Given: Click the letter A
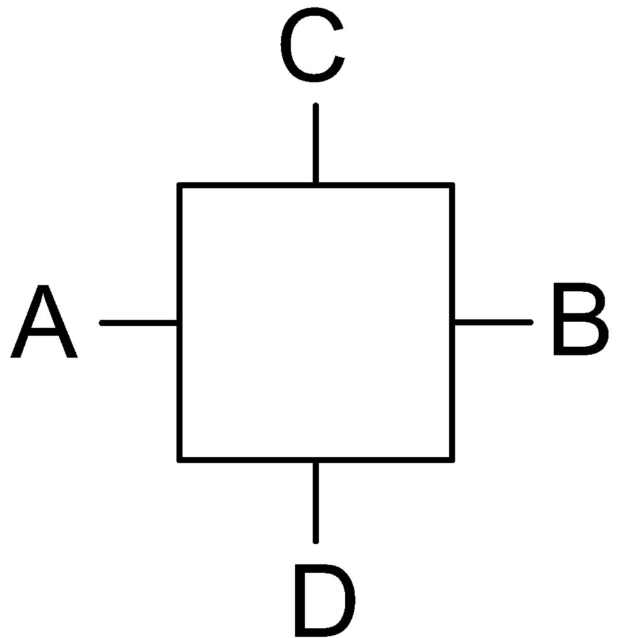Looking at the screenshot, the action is pos(43,321).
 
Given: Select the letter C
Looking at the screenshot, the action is pos(312,45).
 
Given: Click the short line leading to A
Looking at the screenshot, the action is pos(138,323).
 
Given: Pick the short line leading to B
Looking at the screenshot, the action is pos(493,322).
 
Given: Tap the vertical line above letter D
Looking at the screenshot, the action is pos(316,502).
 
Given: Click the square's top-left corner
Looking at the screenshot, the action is pos(179,185).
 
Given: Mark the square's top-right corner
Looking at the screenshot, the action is pos(452,185).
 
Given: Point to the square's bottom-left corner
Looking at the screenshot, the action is pos(179,460).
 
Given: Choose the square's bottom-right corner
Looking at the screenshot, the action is pos(452,460).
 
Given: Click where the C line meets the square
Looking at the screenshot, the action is pos(316,185).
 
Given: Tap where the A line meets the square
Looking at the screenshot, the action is pos(179,323).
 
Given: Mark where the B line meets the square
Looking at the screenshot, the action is pos(452,322).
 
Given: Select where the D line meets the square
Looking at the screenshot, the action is pos(316,460).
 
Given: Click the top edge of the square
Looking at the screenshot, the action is pos(316,185).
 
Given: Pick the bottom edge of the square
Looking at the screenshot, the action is pos(316,460).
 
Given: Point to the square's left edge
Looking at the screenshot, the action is pos(179,322).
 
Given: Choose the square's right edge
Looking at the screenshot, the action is pos(452,322).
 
